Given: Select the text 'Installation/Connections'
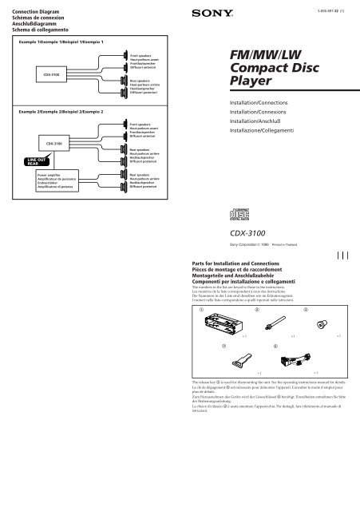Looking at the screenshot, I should click(263, 102).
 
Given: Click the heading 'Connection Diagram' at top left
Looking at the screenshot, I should click(27, 6).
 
